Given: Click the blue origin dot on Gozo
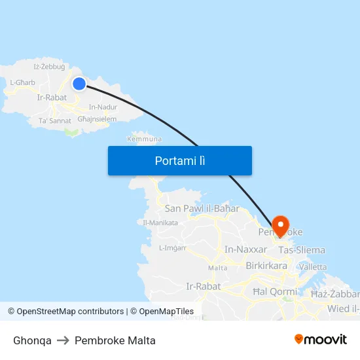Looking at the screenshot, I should click(x=79, y=83).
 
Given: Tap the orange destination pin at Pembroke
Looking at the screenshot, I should click(x=281, y=226).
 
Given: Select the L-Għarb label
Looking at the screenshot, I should click(x=22, y=82).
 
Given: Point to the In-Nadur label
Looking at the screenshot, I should click(x=103, y=107).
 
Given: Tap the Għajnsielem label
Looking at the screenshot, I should click(x=97, y=119).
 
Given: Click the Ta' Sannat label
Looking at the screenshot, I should click(x=55, y=121).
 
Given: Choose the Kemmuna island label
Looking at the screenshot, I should click(x=145, y=139).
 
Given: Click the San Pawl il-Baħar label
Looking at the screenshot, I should click(x=202, y=208).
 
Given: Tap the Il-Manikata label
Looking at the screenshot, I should click(x=160, y=223).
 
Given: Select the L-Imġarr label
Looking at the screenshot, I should click(x=173, y=247).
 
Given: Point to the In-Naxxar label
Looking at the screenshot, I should click(x=245, y=249).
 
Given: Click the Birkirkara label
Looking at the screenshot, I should click(x=266, y=266).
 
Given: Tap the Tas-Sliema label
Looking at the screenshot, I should click(x=302, y=250).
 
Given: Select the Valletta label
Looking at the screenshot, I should click(x=313, y=267).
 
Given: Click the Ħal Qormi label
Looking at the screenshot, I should click(x=274, y=291).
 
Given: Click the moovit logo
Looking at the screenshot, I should click(x=320, y=340).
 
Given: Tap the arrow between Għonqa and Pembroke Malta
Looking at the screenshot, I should click(x=63, y=341).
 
